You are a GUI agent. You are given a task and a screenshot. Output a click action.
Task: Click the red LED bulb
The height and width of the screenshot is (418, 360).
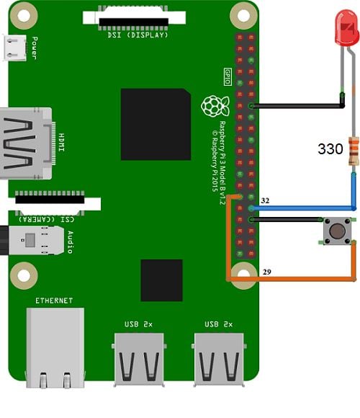click(x=346, y=28)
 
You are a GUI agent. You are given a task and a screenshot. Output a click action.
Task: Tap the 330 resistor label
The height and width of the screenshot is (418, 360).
click(x=330, y=148)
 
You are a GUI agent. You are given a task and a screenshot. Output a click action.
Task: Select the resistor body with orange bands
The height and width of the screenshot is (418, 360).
click(x=354, y=151)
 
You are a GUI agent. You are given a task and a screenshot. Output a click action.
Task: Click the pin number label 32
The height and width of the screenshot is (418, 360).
click(x=265, y=200)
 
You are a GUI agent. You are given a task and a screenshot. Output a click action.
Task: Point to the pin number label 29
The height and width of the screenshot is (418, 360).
click(x=267, y=272)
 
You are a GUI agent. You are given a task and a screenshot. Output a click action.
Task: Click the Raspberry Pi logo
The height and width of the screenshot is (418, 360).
click(x=215, y=106)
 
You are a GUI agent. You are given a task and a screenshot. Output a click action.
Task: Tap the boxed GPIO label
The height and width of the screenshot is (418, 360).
click(x=228, y=77)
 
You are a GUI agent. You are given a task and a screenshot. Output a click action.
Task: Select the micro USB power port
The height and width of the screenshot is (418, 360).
click(x=14, y=48)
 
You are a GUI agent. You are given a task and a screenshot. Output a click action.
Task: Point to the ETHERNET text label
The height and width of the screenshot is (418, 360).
click(x=54, y=301)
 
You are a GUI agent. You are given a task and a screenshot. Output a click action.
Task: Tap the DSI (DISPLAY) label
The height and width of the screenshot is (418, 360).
click(x=138, y=35)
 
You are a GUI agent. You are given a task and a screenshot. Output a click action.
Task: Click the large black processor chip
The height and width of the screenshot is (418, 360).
click(x=156, y=124)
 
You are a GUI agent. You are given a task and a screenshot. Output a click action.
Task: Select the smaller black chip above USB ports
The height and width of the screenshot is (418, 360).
click(x=161, y=280)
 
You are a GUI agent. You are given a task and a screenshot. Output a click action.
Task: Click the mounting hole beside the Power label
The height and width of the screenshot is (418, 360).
click(x=24, y=16)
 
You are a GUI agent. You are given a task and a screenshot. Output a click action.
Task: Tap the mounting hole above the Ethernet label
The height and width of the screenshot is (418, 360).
click(x=24, y=275)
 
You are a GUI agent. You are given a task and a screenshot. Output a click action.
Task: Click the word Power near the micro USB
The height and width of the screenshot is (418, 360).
click(x=35, y=48)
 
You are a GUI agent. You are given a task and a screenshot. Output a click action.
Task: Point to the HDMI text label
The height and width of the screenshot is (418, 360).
click(x=61, y=143)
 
